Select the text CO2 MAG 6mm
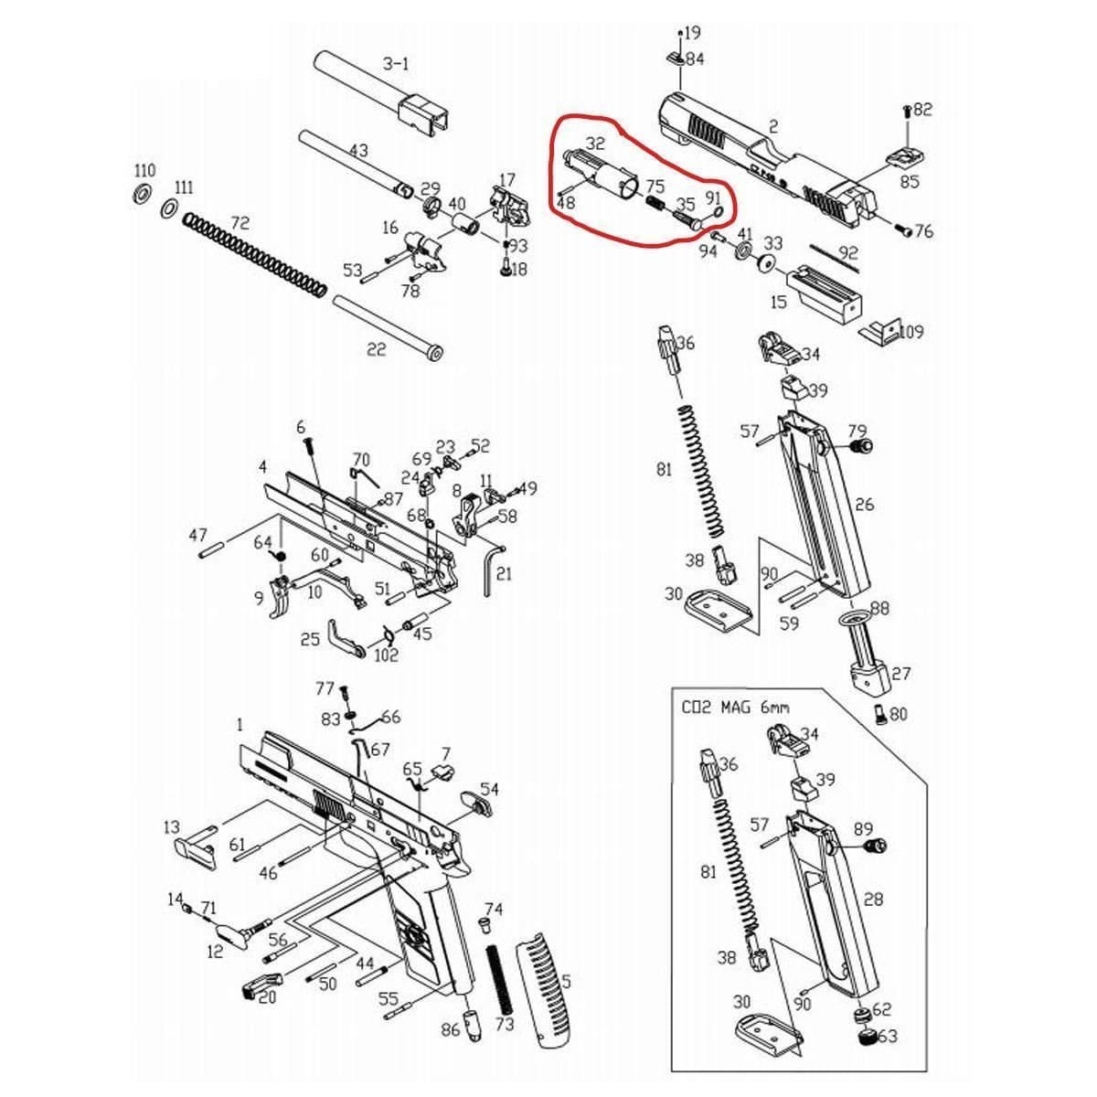(x=735, y=707)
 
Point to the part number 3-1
(x=395, y=63)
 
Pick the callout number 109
(x=911, y=332)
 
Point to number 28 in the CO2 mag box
(x=873, y=900)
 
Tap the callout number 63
(x=887, y=1037)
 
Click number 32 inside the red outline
(x=595, y=144)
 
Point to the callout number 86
(x=450, y=1030)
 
